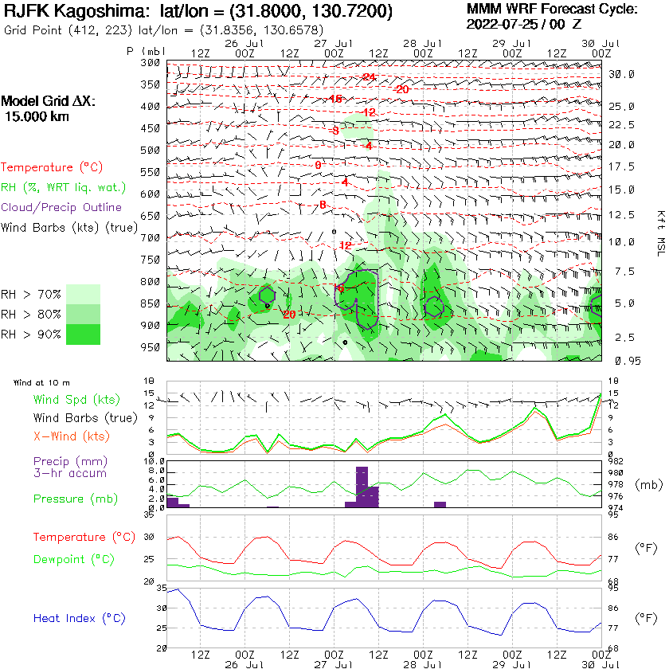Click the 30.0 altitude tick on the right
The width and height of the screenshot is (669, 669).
coord(621,74)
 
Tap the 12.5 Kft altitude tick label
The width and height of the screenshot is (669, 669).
coord(621,215)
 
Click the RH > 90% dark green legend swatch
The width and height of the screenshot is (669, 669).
coord(83,334)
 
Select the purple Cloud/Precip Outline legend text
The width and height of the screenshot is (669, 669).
coord(61,207)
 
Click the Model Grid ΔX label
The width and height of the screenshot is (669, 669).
coord(48,102)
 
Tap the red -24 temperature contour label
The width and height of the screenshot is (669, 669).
coord(369,76)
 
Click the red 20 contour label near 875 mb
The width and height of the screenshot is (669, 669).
coord(289,315)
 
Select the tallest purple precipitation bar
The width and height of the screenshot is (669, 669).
coord(362,487)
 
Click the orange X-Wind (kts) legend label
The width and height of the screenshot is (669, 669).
coord(71,436)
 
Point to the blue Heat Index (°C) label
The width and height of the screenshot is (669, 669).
coord(79,618)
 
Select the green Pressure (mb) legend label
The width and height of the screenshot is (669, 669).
coord(72,499)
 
